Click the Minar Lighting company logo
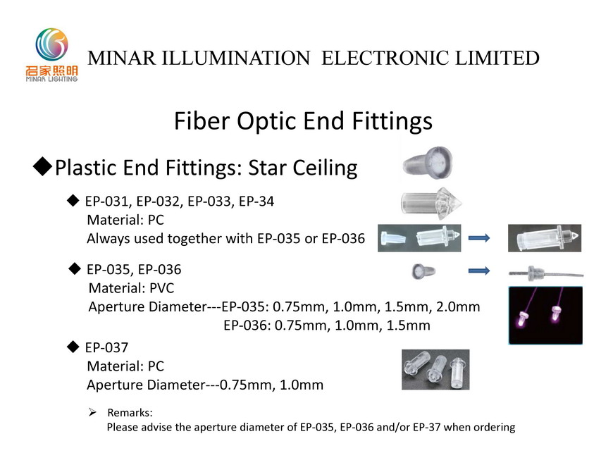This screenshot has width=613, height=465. tap(52, 55)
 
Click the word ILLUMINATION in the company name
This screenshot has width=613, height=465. tap(236, 58)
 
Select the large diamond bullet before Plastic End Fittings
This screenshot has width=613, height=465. tap(42, 166)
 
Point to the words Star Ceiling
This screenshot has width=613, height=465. tap(303, 168)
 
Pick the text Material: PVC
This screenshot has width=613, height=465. tap(131, 288)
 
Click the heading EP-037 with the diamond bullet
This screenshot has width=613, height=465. tap(98, 347)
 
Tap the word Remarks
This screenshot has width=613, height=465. tap(130, 413)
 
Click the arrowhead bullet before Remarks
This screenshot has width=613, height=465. tap(92, 412)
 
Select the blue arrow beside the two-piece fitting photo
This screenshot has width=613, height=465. tap(479, 237)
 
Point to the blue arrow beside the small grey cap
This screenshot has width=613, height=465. tap(479, 271)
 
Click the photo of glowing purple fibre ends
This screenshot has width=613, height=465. tap(545, 316)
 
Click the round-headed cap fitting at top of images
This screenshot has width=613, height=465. tap(428, 163)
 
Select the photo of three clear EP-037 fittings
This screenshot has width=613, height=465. tap(435, 370)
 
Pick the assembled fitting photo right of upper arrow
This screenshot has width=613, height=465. tap(545, 238)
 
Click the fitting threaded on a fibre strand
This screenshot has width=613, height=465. tap(546, 273)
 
